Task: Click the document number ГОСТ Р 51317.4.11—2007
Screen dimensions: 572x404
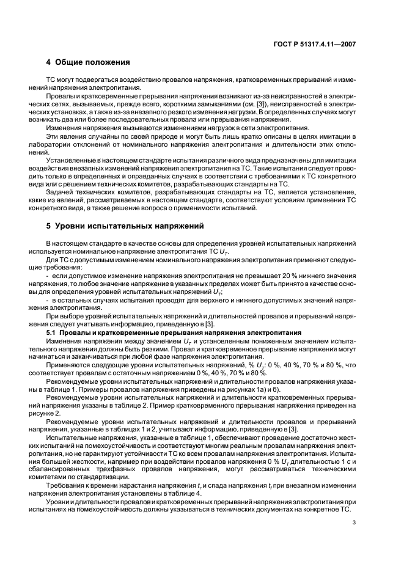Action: [x=315, y=44]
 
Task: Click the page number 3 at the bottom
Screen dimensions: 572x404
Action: [x=354, y=522]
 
